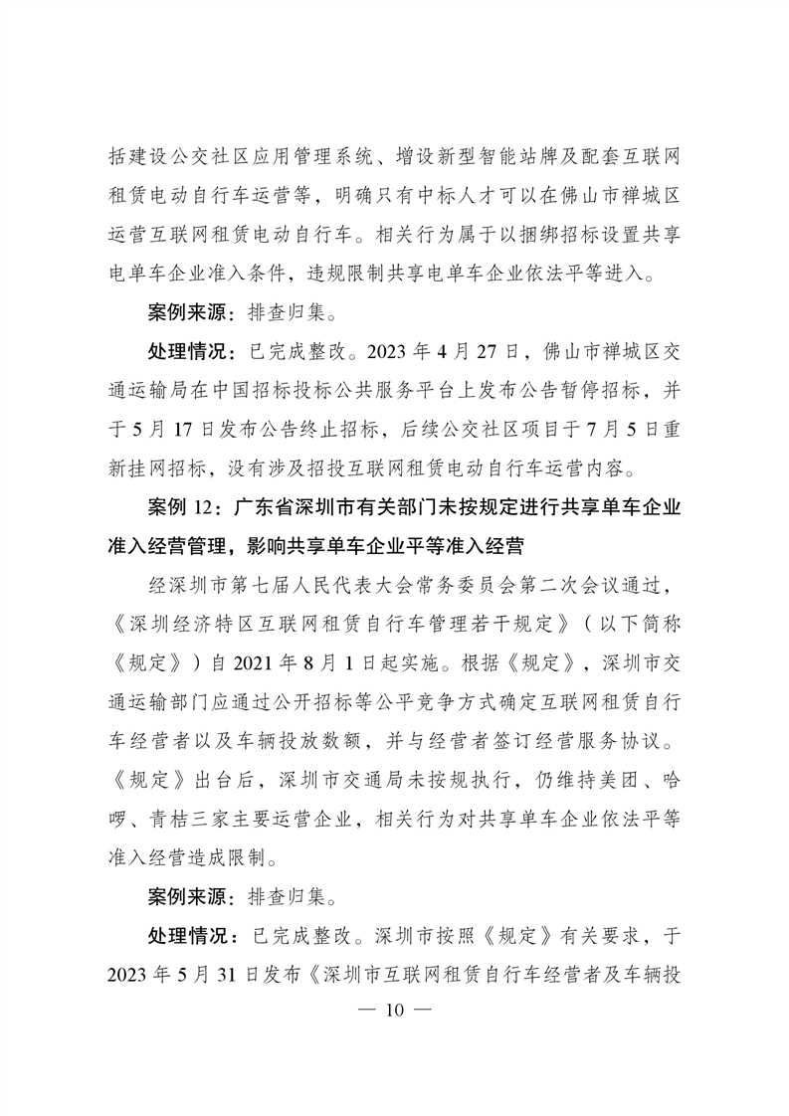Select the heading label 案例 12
click(x=183, y=507)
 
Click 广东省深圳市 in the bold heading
click(x=290, y=507)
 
